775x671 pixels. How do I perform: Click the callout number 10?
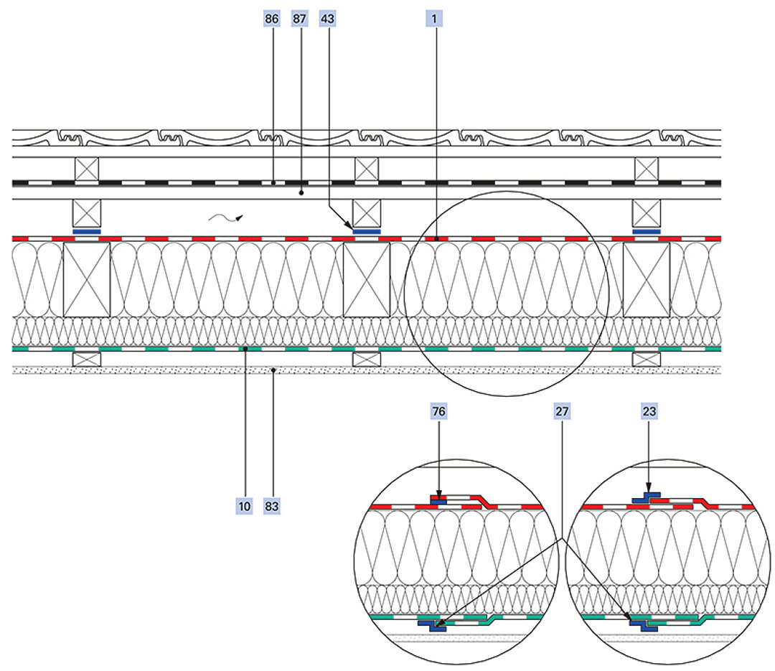coord(245,506)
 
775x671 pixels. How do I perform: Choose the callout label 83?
coord(272,506)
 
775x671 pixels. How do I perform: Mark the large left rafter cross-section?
coord(87,279)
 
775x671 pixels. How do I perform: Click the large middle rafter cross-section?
coord(367,279)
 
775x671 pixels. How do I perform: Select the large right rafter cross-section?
coord(646,279)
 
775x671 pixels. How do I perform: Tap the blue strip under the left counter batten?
coord(87,232)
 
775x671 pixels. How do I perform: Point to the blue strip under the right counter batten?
coord(646,232)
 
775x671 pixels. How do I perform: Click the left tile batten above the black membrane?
coord(87,169)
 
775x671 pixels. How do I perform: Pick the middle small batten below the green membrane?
coord(367,358)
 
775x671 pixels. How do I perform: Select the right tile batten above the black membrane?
coord(646,169)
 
